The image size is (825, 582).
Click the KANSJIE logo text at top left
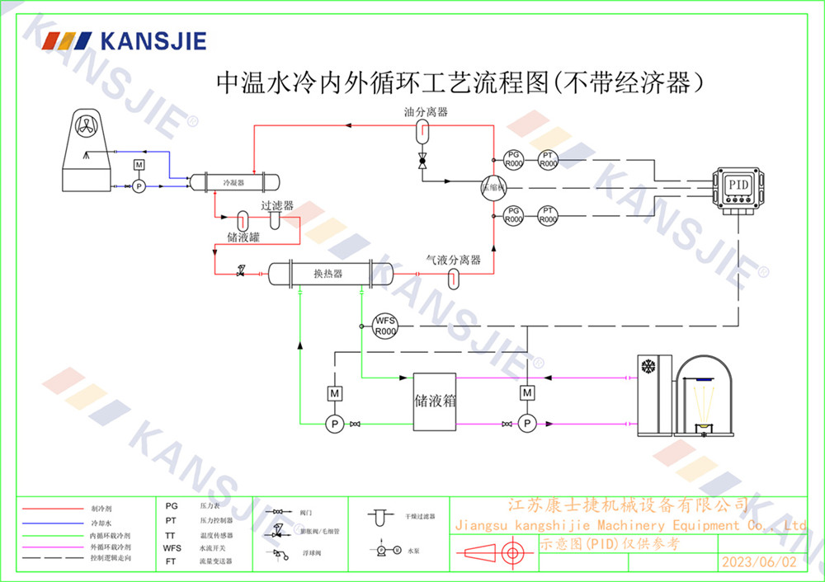point(153,41)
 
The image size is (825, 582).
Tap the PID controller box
point(738,185)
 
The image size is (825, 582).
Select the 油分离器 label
point(426,112)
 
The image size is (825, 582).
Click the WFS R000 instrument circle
point(385,326)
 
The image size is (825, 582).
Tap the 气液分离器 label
point(453,260)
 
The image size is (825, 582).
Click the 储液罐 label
point(243,237)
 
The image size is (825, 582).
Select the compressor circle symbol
point(492,188)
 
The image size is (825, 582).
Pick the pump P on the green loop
point(335,424)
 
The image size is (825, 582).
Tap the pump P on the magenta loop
point(526,424)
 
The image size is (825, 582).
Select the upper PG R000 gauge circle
point(513,159)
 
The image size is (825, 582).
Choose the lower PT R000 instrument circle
point(548,216)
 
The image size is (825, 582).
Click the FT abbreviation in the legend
point(171,561)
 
